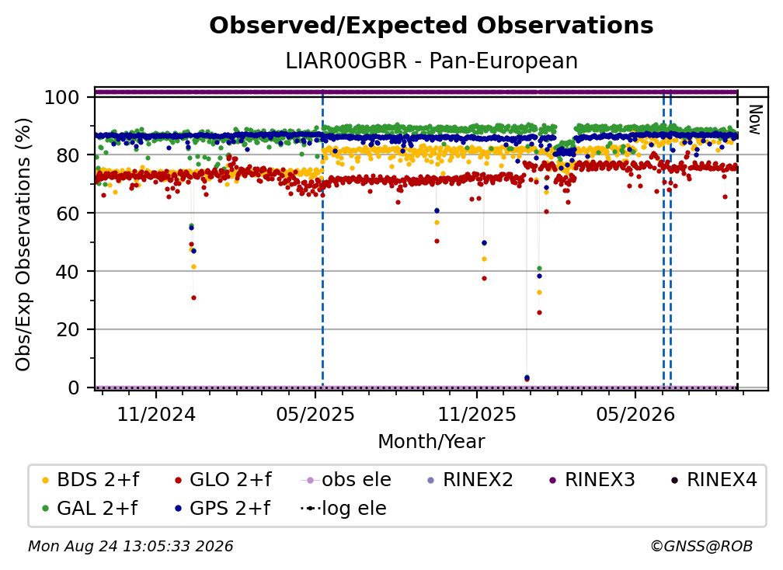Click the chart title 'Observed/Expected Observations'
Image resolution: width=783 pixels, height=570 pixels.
pyautogui.click(x=431, y=26)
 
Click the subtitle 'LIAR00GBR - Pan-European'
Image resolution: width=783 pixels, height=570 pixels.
pyautogui.click(x=431, y=61)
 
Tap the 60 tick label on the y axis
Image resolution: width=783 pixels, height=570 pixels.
pyautogui.click(x=68, y=213)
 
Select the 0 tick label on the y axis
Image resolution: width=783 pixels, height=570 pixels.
pyautogui.click(x=73, y=388)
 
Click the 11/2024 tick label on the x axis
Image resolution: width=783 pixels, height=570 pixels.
pyautogui.click(x=156, y=414)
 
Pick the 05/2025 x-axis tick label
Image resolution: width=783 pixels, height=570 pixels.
pyautogui.click(x=315, y=414)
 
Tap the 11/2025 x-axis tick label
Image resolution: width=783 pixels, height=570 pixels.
pyautogui.click(x=477, y=414)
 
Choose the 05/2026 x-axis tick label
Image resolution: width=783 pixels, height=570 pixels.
pyautogui.click(x=635, y=414)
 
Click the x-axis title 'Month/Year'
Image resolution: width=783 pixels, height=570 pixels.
pyautogui.click(x=431, y=442)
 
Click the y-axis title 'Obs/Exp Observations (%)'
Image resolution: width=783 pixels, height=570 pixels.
pyautogui.click(x=23, y=244)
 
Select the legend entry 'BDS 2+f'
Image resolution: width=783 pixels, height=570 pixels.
pyautogui.click(x=90, y=480)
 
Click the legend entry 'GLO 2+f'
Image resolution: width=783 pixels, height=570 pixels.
pyautogui.click(x=223, y=480)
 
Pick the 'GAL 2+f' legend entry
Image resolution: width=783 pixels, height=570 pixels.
pyautogui.click(x=89, y=509)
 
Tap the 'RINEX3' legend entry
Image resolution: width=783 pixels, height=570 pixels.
pyautogui.click(x=592, y=480)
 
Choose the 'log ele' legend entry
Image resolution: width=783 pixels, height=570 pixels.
pyautogui.click(x=343, y=509)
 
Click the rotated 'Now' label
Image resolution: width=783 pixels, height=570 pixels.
pyautogui.click(x=755, y=120)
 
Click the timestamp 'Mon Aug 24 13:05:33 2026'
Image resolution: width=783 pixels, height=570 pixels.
pyautogui.click(x=130, y=546)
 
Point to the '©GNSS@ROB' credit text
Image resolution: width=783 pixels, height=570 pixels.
pyautogui.click(x=701, y=546)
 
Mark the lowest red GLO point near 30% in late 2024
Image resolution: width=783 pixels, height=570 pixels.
pyautogui.click(x=193, y=298)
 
